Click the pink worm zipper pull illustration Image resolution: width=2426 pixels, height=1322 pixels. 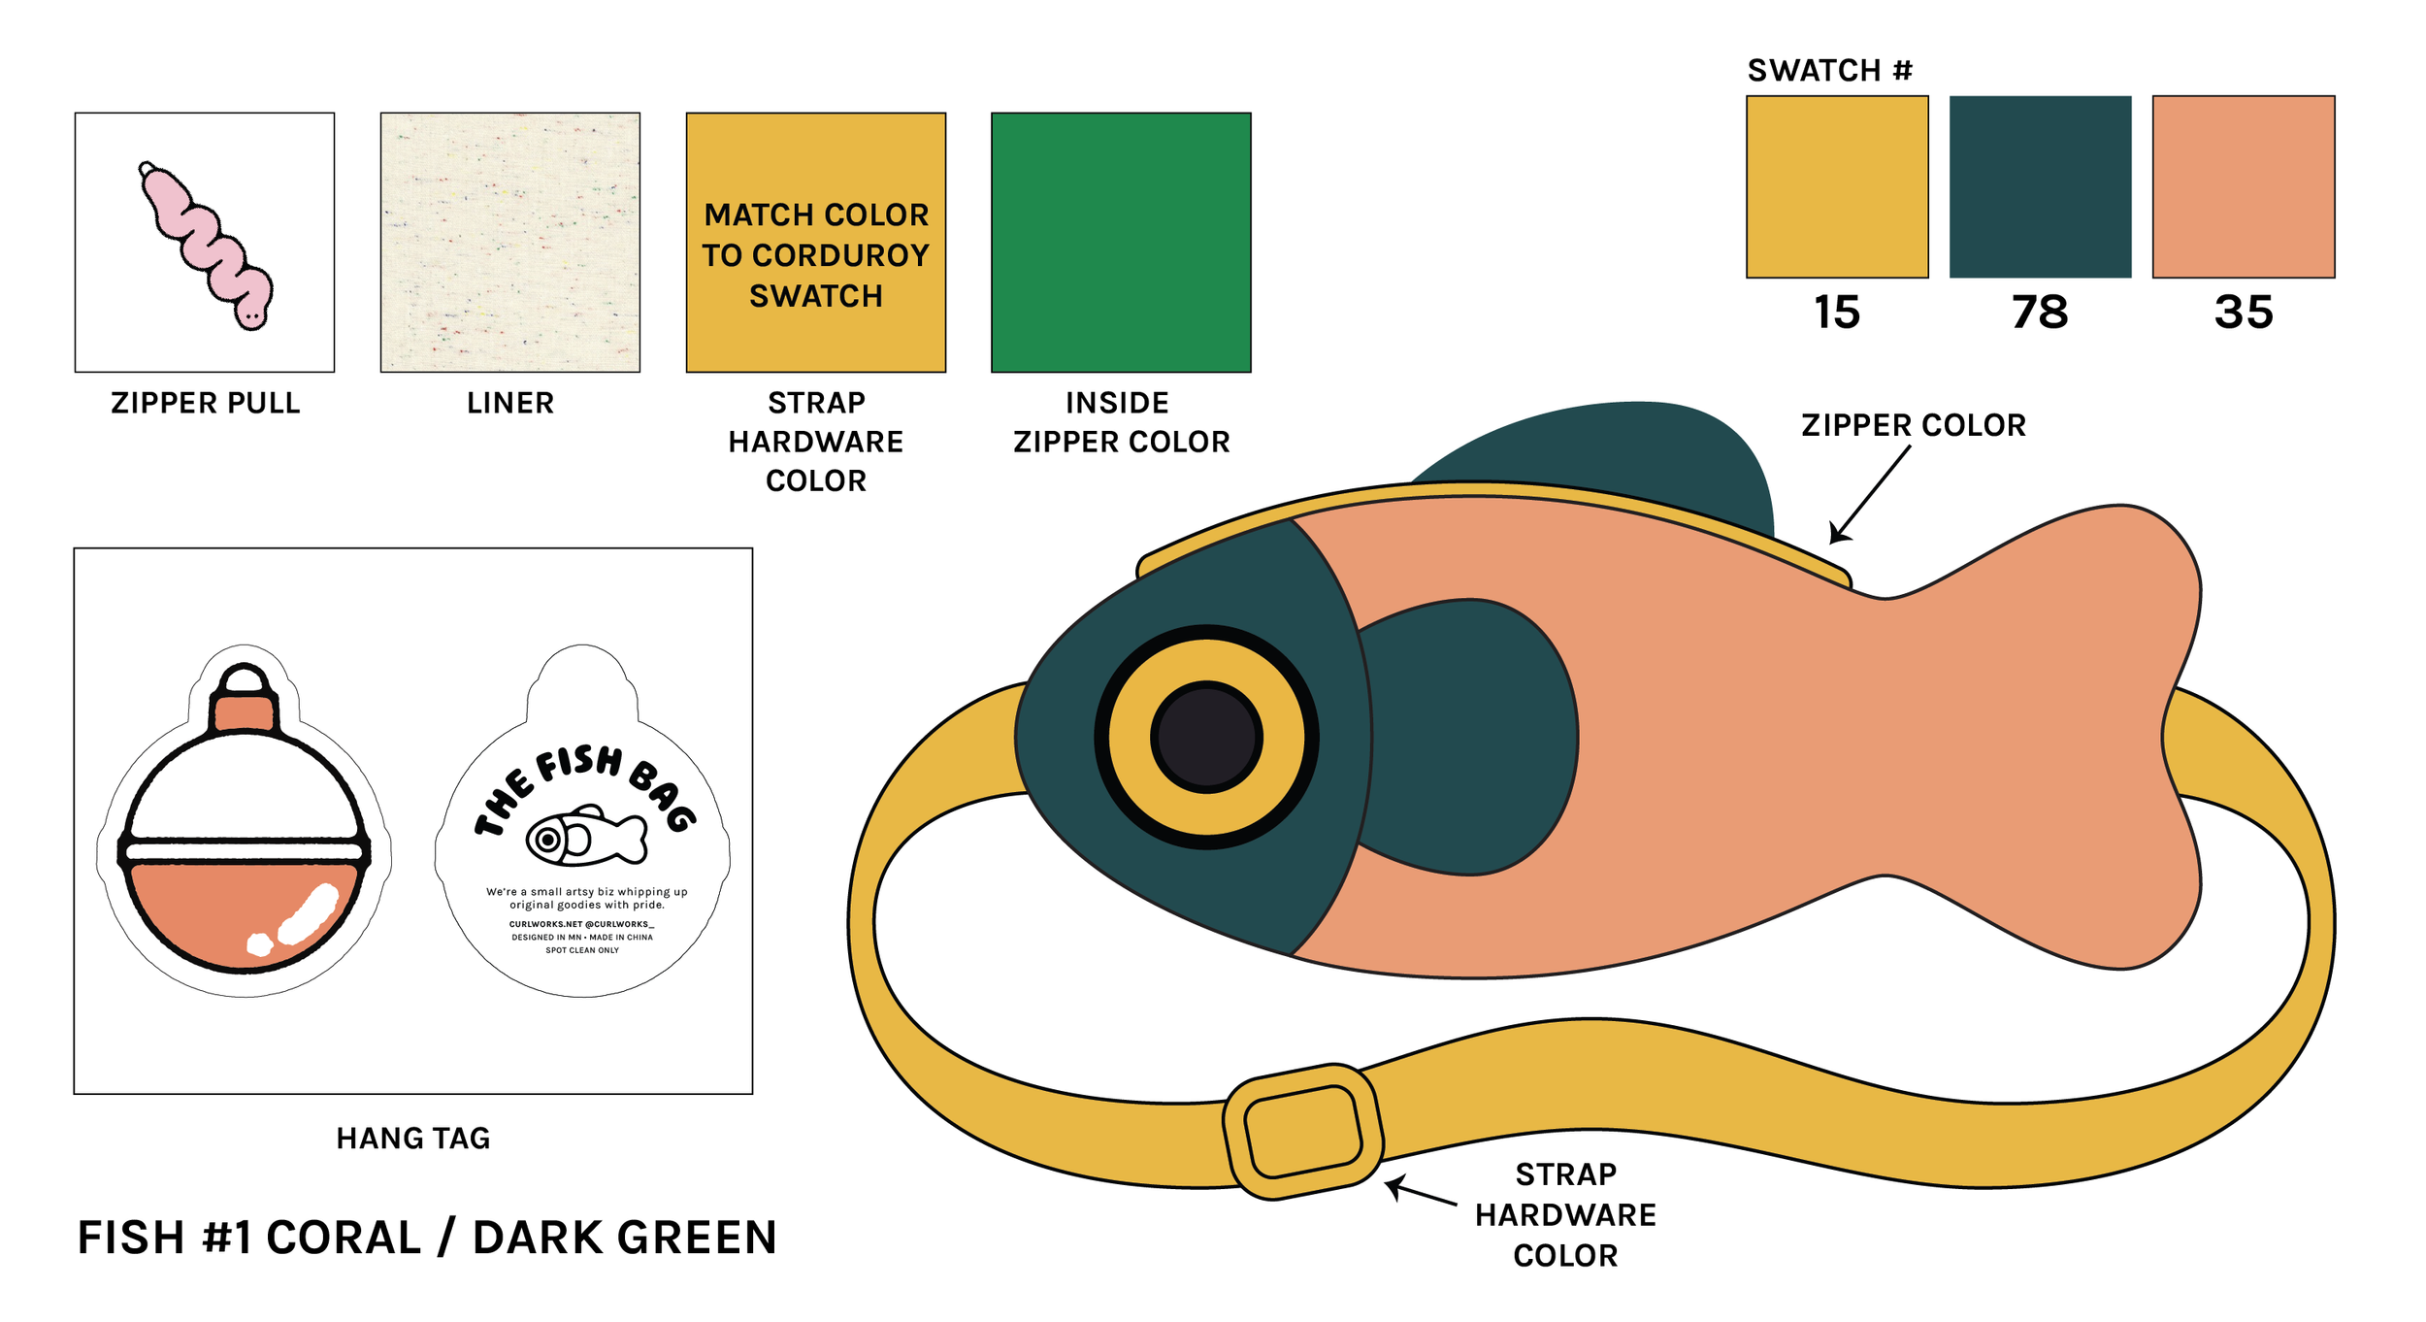[x=206, y=245]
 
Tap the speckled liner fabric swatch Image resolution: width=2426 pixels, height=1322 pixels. [x=509, y=242]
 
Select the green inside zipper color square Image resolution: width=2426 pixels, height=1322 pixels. [x=1121, y=242]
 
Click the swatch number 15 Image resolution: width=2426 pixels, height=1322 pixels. [x=1836, y=313]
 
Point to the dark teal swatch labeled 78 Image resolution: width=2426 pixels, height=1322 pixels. [x=2040, y=186]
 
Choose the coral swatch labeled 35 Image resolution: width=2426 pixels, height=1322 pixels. [x=2243, y=186]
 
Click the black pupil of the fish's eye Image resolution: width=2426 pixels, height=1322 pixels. [x=1206, y=737]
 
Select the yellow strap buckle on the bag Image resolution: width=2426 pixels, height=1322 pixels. [x=1303, y=1132]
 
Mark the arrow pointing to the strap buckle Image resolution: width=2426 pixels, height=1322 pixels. [x=1422, y=1193]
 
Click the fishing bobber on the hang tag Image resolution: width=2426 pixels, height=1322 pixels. [x=245, y=825]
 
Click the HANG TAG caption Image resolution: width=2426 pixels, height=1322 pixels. [x=413, y=1139]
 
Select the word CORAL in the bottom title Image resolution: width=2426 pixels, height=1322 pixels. [x=344, y=1239]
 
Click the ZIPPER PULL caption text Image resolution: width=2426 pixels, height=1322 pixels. [x=206, y=403]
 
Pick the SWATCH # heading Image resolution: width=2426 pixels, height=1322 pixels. [x=1829, y=71]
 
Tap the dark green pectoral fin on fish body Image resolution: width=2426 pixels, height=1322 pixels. [x=1470, y=738]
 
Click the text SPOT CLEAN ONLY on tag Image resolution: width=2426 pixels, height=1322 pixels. [x=582, y=950]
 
